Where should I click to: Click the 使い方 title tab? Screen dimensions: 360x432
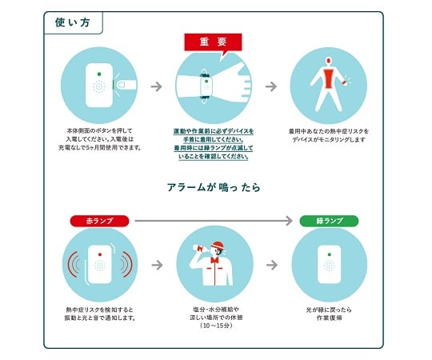tap(73, 22)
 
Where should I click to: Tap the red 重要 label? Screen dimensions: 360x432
tap(209, 42)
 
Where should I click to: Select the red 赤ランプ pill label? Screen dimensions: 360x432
tap(94, 220)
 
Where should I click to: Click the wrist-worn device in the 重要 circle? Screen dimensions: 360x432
tap(206, 85)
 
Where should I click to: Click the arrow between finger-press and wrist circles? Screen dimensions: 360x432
tap(157, 86)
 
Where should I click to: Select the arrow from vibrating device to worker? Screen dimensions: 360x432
tap(157, 264)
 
